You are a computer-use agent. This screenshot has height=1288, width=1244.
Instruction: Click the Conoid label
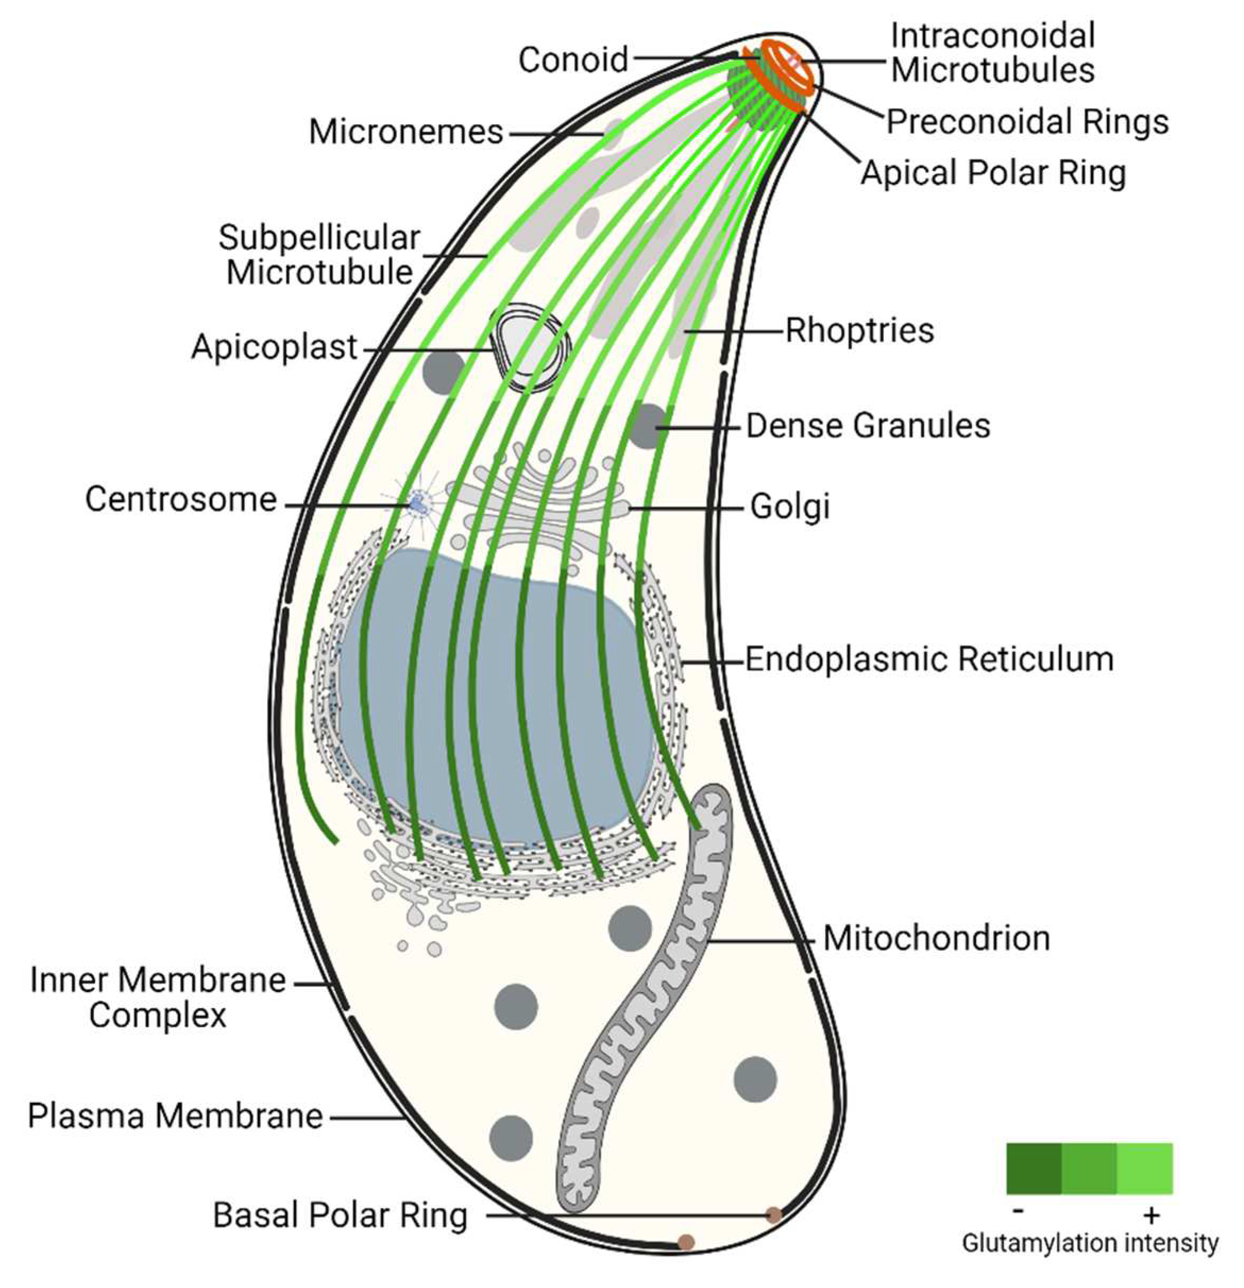[573, 60]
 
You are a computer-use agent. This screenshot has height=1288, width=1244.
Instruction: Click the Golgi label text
[790, 507]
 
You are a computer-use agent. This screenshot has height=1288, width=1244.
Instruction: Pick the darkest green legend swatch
[1033, 1168]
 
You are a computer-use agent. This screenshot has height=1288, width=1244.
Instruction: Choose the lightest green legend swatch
[1144, 1168]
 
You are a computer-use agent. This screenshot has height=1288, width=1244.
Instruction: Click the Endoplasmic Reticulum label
[929, 659]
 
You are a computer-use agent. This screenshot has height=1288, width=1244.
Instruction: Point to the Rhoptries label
[859, 330]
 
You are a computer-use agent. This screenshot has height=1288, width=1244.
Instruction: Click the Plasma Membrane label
[175, 1116]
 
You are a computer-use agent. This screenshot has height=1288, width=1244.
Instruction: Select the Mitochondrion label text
[936, 939]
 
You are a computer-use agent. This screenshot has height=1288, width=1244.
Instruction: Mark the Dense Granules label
[868, 426]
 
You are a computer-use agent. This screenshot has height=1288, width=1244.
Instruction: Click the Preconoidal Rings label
[1028, 122]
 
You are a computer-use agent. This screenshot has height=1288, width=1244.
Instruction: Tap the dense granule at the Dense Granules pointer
[647, 426]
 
